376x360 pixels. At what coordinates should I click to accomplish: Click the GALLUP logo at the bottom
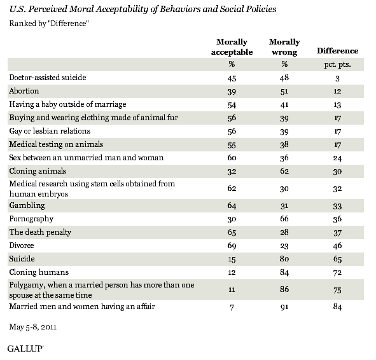(x=25, y=349)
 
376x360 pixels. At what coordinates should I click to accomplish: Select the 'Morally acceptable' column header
(x=232, y=46)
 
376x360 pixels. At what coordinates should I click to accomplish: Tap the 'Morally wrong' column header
(x=284, y=46)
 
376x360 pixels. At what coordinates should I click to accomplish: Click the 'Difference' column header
(x=337, y=51)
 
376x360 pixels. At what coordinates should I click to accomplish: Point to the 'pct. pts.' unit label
(x=337, y=64)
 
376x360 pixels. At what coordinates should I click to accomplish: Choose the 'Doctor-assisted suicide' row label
(x=48, y=78)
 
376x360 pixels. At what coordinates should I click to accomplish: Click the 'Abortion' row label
(x=24, y=91)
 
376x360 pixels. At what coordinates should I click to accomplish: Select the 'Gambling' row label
(x=27, y=205)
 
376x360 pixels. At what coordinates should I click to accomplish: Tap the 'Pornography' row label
(x=31, y=219)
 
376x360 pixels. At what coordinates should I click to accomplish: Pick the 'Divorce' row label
(x=22, y=246)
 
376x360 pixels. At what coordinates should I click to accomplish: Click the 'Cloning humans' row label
(x=39, y=272)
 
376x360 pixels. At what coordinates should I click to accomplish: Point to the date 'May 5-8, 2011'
(x=33, y=327)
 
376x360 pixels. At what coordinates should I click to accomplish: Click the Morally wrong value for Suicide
(x=284, y=259)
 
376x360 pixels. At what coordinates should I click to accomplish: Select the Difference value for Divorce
(x=337, y=246)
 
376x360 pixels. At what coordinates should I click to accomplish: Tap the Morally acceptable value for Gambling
(x=232, y=205)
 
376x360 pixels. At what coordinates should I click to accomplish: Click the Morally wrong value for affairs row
(x=284, y=307)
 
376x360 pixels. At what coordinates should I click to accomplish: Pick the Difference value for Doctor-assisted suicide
(x=337, y=78)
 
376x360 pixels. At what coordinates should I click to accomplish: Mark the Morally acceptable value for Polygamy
(x=232, y=290)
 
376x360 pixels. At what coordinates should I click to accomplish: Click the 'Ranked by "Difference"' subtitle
(x=49, y=24)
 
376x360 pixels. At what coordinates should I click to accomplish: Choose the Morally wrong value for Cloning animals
(x=284, y=171)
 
